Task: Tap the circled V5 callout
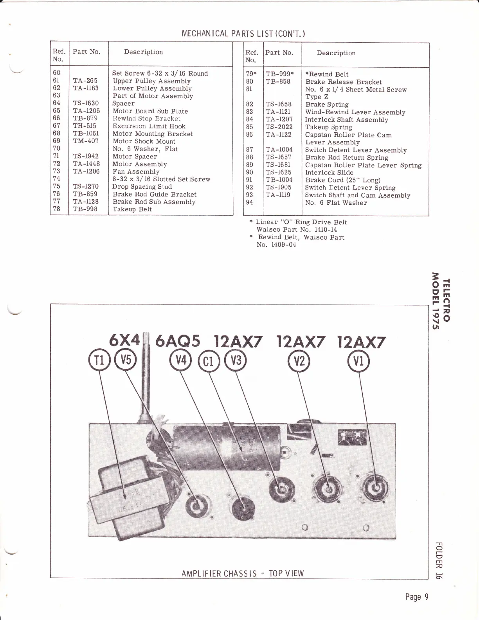125,361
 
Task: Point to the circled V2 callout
299,361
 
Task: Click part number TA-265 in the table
85,81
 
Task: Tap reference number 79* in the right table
250,74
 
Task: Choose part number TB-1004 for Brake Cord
279,180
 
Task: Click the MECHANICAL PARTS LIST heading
243,33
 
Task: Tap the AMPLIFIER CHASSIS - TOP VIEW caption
243,573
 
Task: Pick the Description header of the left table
143,52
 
